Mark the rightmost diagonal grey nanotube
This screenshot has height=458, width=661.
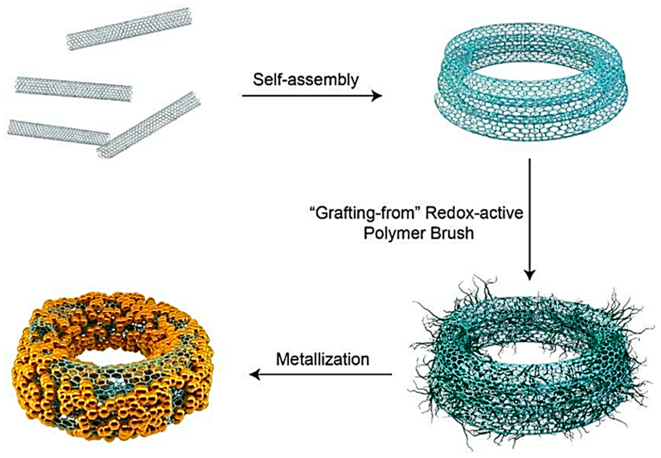click(x=149, y=125)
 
